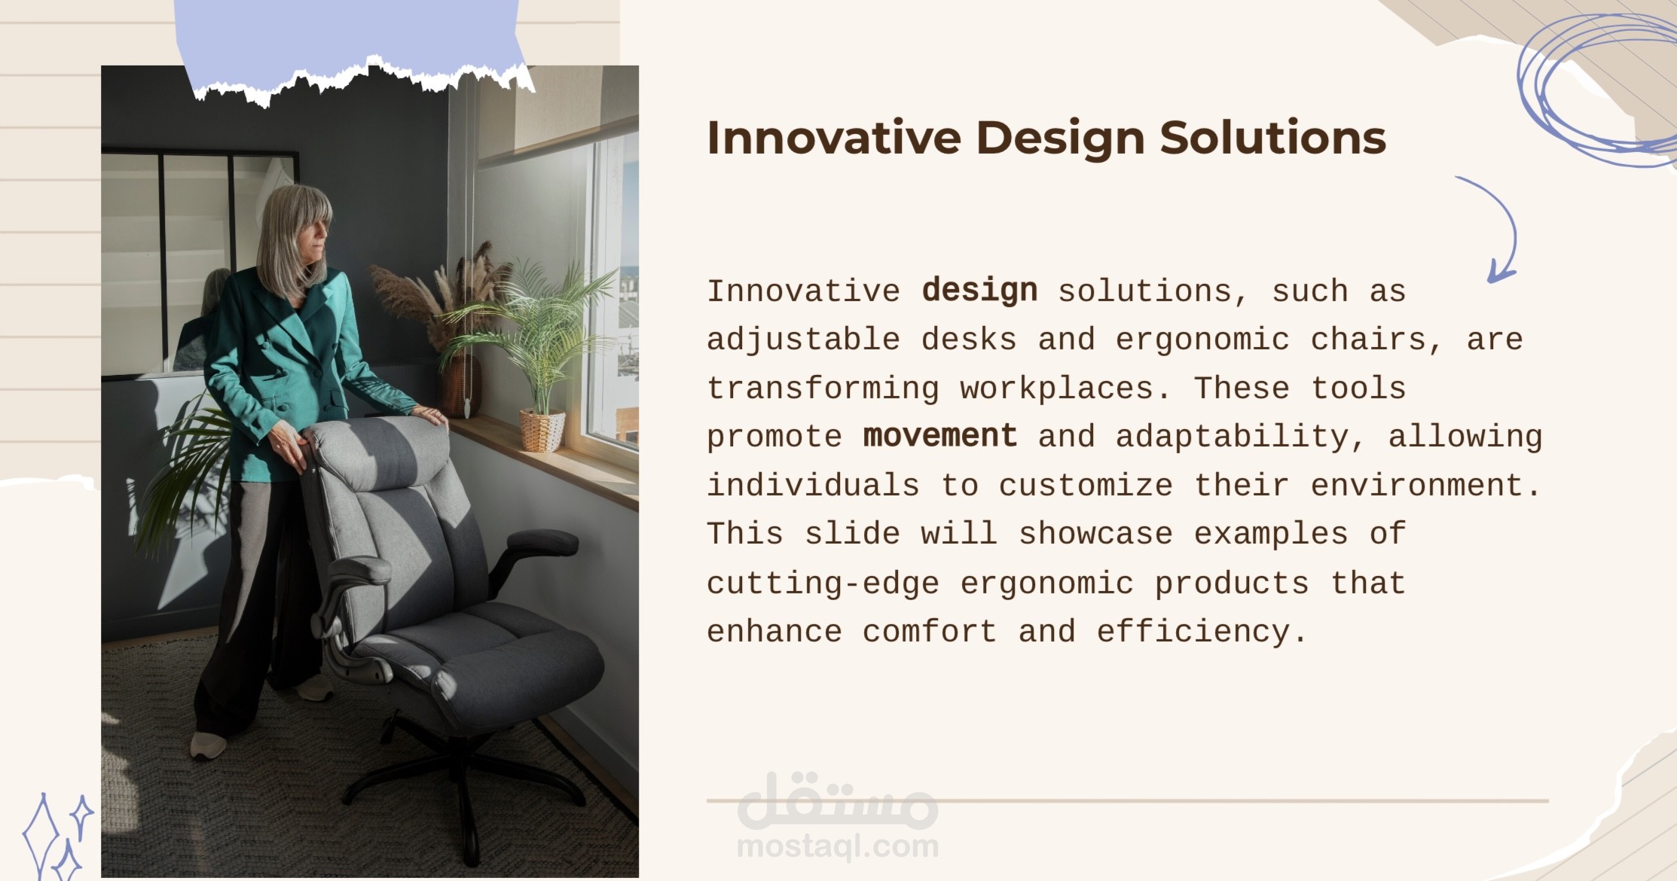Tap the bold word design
(979, 291)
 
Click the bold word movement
(940, 437)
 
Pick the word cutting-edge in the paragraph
(823, 584)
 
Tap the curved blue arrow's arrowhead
(1500, 270)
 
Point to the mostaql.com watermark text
(838, 846)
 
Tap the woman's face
(314, 236)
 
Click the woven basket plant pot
(542, 430)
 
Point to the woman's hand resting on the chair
(431, 415)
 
